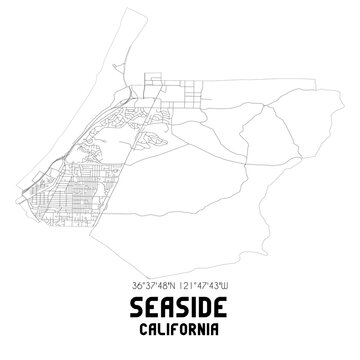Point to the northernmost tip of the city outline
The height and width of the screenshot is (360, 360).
117,11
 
